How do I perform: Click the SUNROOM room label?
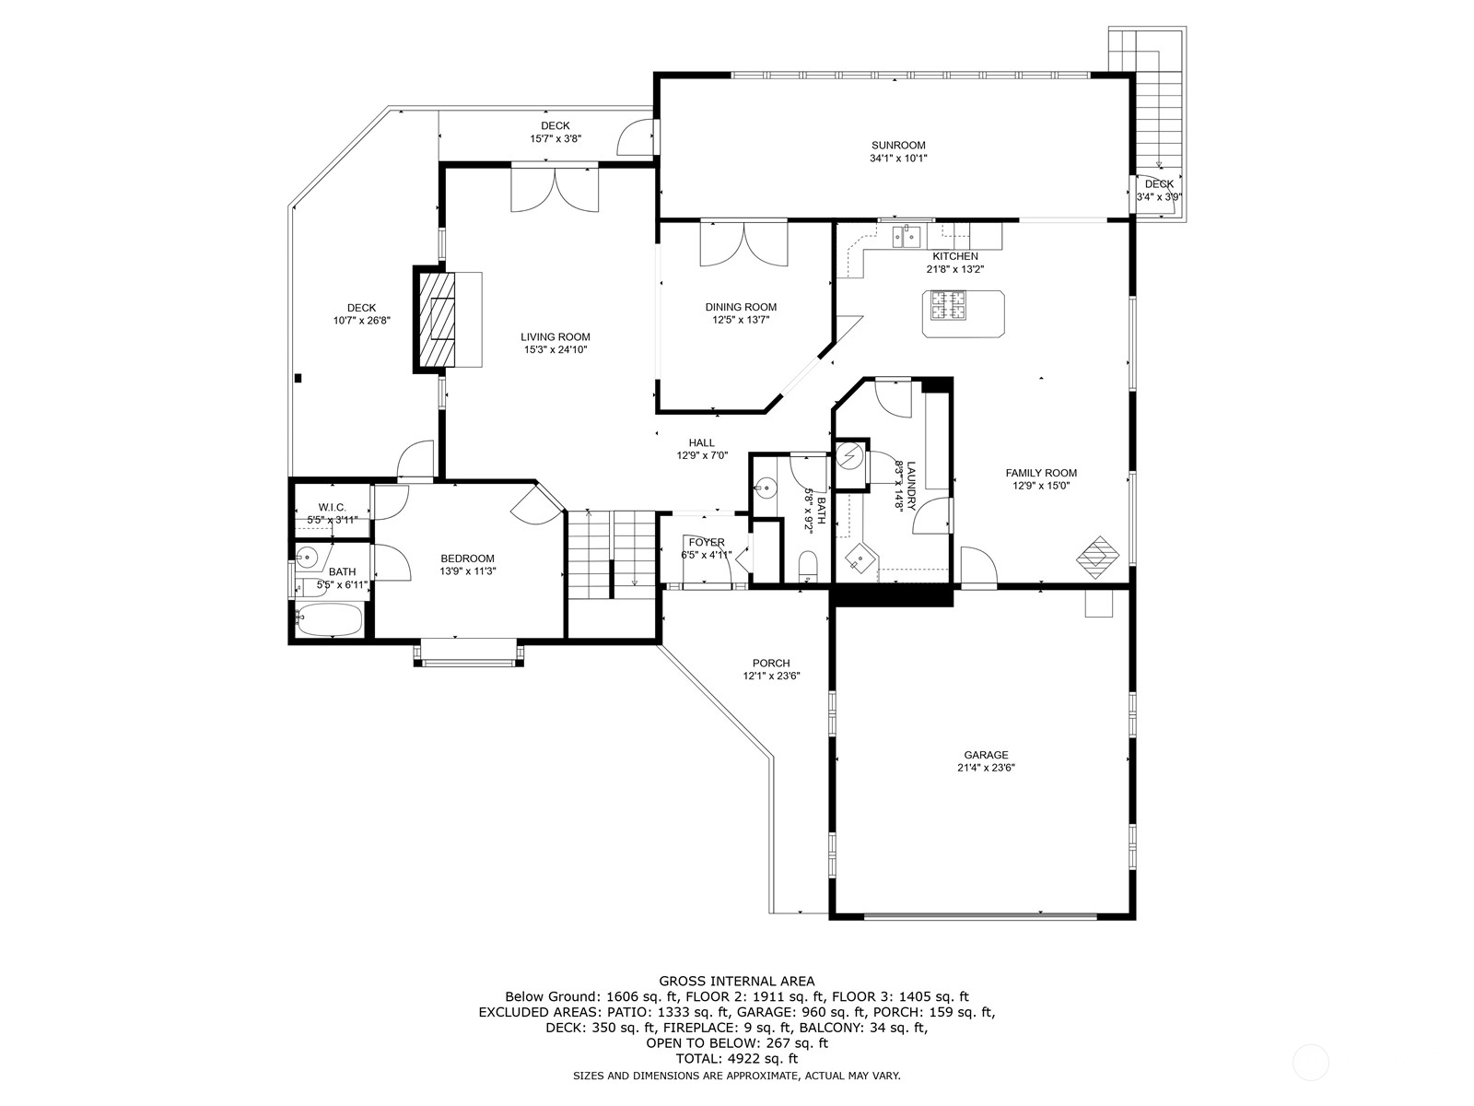tap(898, 146)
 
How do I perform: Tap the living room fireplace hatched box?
tap(438, 320)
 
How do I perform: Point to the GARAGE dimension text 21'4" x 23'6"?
tap(986, 768)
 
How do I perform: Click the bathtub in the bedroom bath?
tap(328, 620)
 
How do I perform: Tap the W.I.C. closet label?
tap(332, 508)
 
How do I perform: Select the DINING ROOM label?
tap(741, 308)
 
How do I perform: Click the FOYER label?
tap(707, 543)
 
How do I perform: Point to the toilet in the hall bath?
tap(808, 564)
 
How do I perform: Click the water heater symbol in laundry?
tap(851, 454)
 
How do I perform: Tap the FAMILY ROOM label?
tap(1041, 473)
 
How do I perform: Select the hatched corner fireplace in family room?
tap(1099, 556)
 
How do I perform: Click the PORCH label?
tap(770, 664)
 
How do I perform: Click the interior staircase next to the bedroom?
tap(610, 555)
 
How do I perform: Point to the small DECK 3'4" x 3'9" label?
tap(1159, 184)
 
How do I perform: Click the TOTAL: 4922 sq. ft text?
tap(736, 1060)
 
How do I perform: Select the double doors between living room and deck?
tap(555, 189)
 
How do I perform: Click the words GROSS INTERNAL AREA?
tap(736, 982)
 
